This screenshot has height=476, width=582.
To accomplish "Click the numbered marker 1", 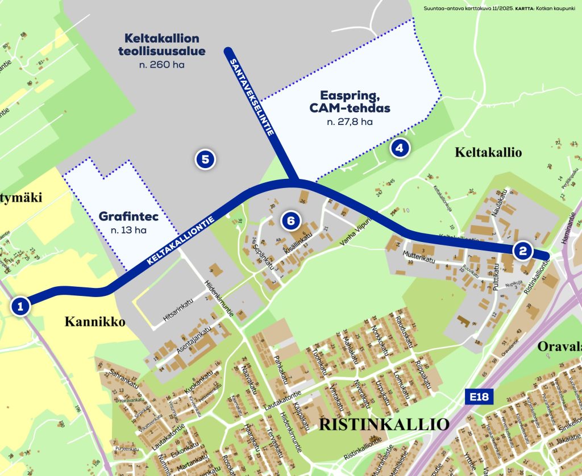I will pyautogui.click(x=20, y=307).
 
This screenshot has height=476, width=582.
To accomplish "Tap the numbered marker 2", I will pyautogui.click(x=522, y=250).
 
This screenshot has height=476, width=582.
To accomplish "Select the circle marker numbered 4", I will pyautogui.click(x=400, y=149).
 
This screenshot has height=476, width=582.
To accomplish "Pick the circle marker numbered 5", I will pyautogui.click(x=205, y=160).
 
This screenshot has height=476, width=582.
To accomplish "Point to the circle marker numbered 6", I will pyautogui.click(x=290, y=221).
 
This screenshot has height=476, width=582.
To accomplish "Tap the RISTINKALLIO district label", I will pyautogui.click(x=385, y=424).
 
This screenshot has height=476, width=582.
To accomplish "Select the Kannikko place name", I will pyautogui.click(x=94, y=322).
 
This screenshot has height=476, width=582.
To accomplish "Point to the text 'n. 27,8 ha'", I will pyautogui.click(x=350, y=122).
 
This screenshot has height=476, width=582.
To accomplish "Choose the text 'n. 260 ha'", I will pyautogui.click(x=161, y=65).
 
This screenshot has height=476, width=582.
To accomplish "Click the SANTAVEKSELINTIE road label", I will pyautogui.click(x=252, y=95).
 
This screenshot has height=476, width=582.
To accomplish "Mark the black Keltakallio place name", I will pyautogui.click(x=488, y=152).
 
